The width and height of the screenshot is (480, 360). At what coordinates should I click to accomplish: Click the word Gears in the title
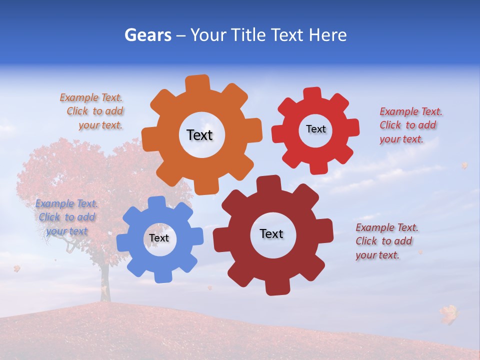coord(148,35)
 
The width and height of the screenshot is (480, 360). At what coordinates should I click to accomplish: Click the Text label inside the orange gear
coord(199,135)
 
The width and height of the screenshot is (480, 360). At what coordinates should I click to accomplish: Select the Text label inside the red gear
coord(315,129)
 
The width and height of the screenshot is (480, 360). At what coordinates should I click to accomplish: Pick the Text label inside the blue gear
coord(159,238)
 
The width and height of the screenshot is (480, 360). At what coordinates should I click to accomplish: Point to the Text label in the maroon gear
coord(271,233)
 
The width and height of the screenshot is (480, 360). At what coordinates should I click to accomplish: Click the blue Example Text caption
coord(66,217)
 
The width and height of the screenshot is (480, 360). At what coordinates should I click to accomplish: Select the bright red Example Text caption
coord(410,125)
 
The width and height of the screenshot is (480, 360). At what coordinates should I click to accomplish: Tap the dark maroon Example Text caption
coord(386,241)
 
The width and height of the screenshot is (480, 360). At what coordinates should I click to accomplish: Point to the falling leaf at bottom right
coord(448,313)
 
